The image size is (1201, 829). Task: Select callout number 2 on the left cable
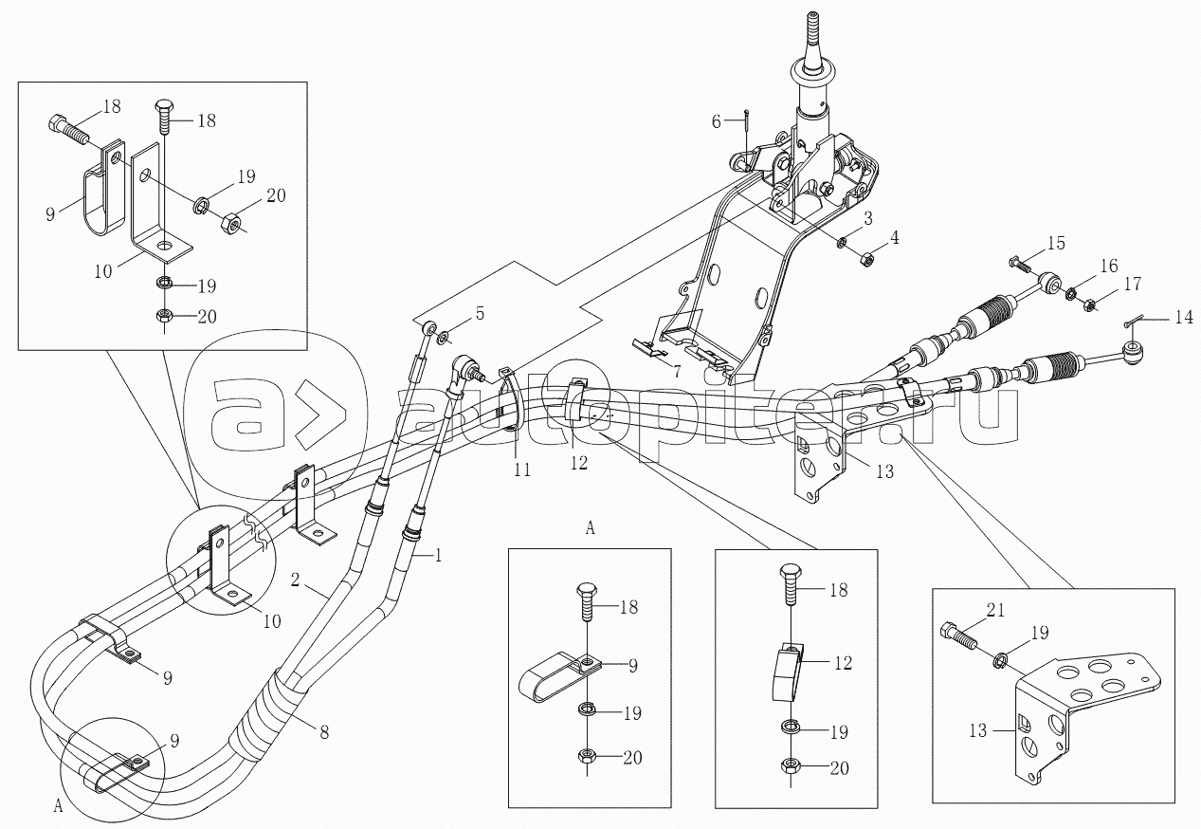pyautogui.click(x=297, y=580)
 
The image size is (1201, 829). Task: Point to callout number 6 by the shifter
pyautogui.click(x=718, y=120)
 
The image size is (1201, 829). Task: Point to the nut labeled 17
pyautogui.click(x=1090, y=304)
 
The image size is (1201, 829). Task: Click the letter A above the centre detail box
pyautogui.click(x=591, y=529)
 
